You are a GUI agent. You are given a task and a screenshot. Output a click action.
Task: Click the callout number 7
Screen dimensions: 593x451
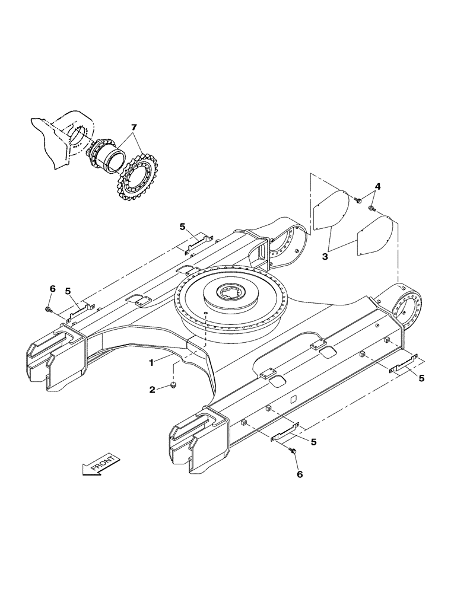point(134,127)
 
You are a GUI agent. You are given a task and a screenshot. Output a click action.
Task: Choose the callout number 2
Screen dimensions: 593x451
point(153,390)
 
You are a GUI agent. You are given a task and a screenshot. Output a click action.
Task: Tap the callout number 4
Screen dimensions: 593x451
point(377,187)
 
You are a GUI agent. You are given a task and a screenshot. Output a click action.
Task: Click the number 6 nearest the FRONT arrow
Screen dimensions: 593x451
point(298,474)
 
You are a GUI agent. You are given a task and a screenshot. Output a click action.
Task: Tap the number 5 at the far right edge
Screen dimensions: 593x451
point(422,378)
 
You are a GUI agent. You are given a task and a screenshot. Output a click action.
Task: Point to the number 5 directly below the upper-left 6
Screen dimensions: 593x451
point(68,291)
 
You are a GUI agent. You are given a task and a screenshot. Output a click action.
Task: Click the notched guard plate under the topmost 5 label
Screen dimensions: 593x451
point(197,242)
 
